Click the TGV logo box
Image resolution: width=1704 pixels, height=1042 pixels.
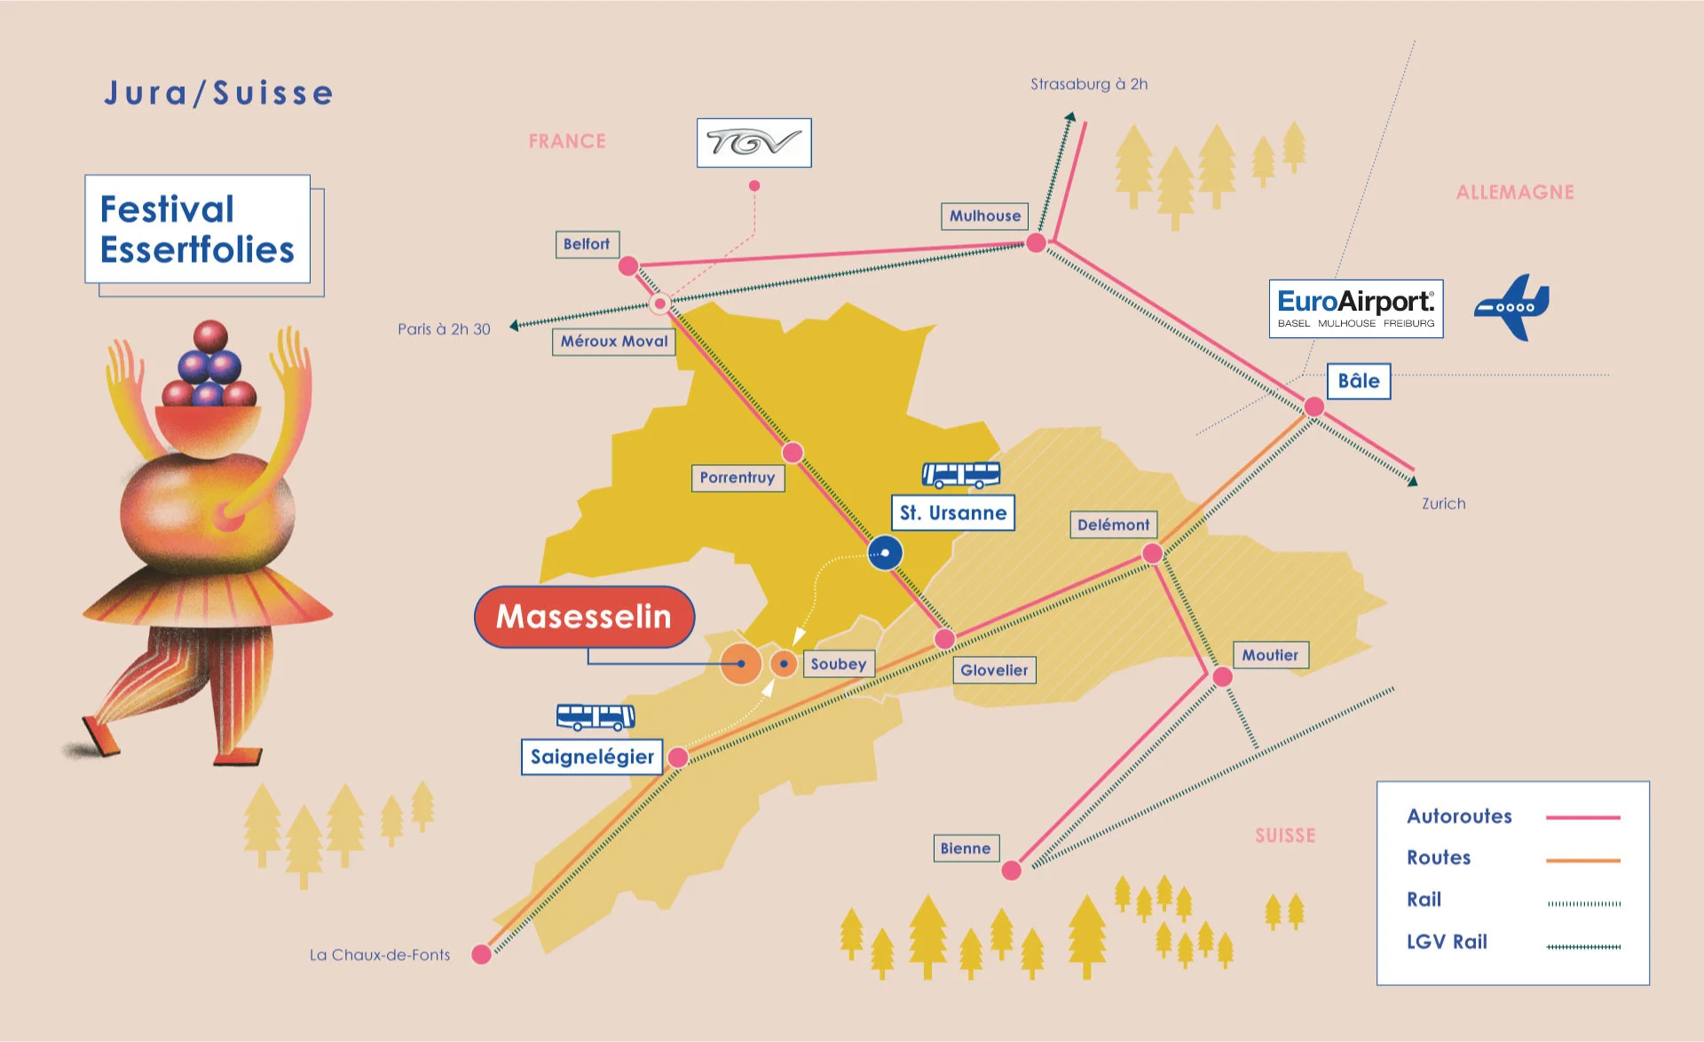(753, 143)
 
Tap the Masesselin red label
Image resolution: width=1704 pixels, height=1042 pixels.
(584, 616)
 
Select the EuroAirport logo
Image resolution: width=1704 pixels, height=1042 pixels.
(1355, 309)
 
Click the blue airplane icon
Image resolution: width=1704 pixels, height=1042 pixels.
(1513, 307)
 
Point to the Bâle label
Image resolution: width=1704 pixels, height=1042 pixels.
(1358, 381)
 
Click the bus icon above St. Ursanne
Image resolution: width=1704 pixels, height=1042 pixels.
(960, 475)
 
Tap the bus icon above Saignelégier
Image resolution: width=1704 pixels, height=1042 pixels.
(596, 716)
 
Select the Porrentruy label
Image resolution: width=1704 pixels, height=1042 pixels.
(737, 478)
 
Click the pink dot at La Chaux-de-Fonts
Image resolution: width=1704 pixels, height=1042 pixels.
(481, 954)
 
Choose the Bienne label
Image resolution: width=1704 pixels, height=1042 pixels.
(965, 848)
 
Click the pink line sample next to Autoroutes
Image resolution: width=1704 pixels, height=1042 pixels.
(1582, 817)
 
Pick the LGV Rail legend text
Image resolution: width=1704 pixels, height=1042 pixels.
(1447, 942)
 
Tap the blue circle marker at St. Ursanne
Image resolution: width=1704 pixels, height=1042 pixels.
(885, 553)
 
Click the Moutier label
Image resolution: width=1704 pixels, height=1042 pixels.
(1269, 655)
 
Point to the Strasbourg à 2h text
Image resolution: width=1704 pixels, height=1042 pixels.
(1088, 84)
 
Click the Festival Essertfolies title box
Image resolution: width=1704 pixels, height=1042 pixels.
(197, 229)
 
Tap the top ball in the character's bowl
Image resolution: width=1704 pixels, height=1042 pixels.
(210, 336)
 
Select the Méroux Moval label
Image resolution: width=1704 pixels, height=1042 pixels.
(613, 342)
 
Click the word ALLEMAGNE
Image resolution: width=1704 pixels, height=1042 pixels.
(1514, 193)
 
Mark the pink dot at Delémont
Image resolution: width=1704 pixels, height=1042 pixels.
(1152, 553)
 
